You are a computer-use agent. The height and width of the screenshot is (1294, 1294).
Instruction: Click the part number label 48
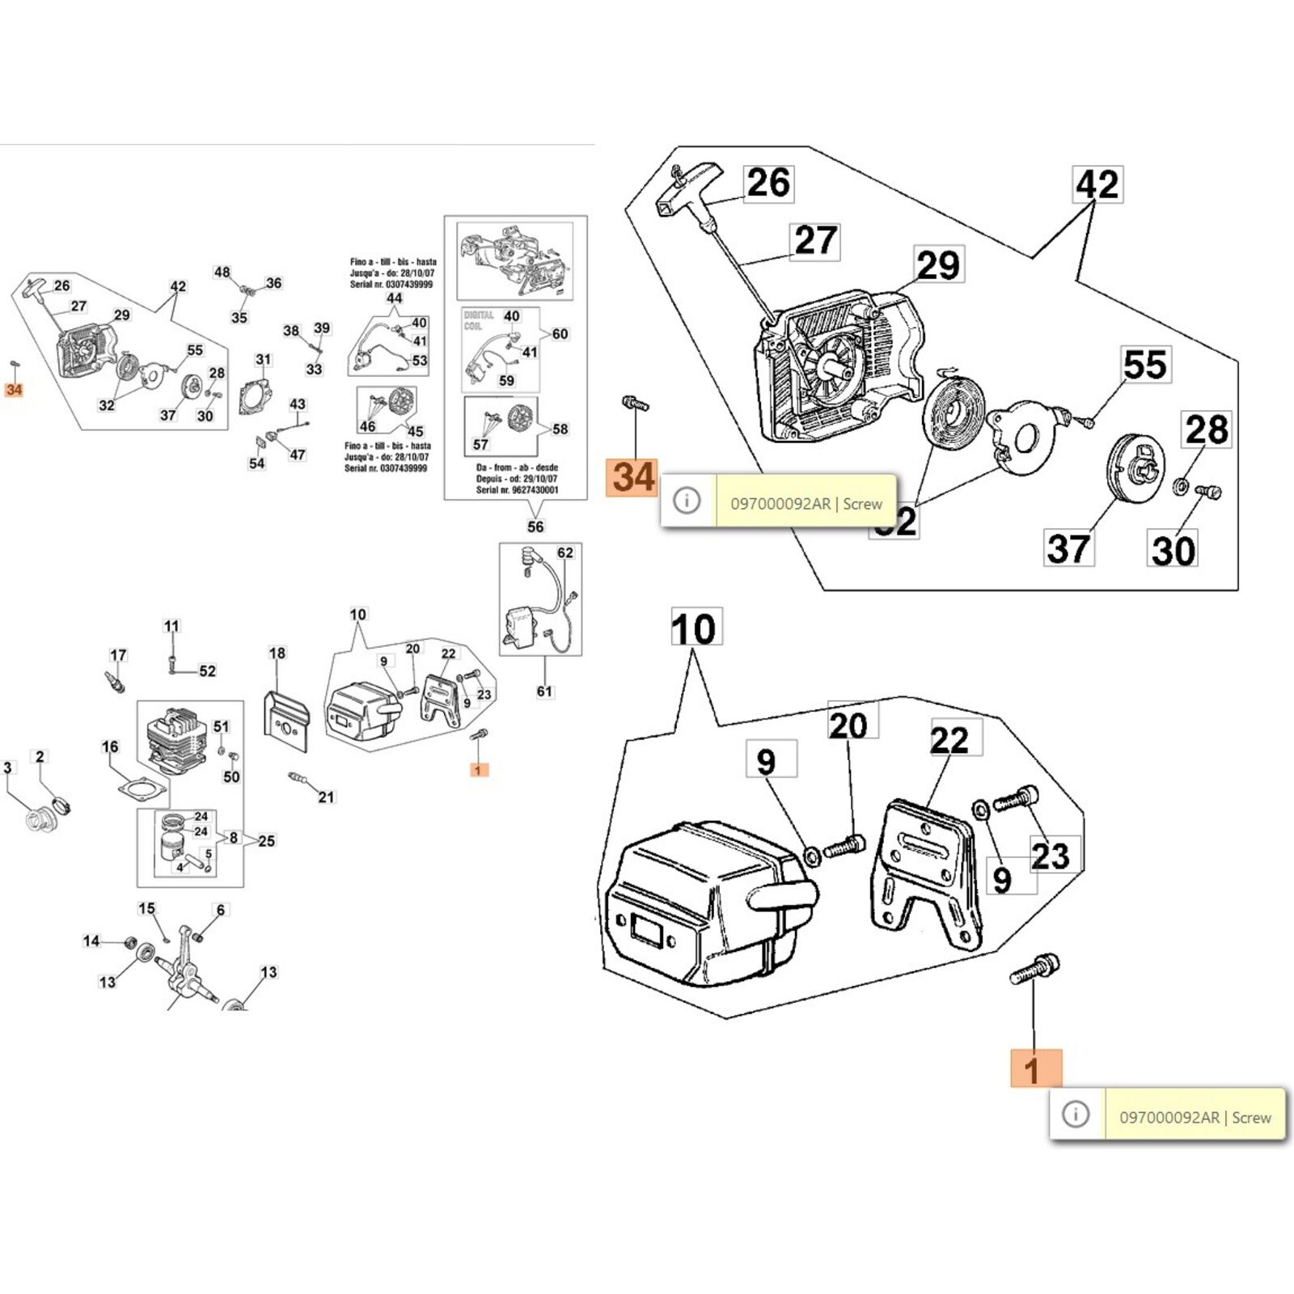click(222, 273)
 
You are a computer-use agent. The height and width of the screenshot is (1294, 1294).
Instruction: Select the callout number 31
click(264, 360)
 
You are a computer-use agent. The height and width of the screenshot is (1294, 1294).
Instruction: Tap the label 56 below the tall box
click(535, 526)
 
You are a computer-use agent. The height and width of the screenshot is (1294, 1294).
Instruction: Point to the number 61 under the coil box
click(544, 691)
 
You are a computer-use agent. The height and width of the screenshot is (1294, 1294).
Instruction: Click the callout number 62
click(565, 552)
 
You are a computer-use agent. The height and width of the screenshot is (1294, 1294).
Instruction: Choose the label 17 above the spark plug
click(118, 655)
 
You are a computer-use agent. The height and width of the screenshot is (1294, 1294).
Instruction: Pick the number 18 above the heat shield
click(277, 653)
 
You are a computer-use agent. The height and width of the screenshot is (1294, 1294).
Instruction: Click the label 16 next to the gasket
click(110, 746)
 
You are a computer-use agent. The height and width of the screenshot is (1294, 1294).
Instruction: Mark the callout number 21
click(326, 797)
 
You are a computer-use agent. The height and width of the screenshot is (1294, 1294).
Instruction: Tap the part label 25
click(266, 841)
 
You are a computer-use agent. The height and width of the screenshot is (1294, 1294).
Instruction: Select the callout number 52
click(208, 670)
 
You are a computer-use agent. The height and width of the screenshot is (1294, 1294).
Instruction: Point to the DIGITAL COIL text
click(479, 320)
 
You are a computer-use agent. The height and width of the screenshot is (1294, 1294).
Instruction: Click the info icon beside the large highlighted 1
click(1076, 1114)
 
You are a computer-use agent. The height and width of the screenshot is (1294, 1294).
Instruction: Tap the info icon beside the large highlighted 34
click(687, 501)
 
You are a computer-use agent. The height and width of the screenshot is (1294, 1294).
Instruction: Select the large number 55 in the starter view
click(1145, 365)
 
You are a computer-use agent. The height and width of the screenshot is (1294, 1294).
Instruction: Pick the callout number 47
click(298, 455)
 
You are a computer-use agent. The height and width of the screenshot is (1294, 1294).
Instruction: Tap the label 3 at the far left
click(8, 768)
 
